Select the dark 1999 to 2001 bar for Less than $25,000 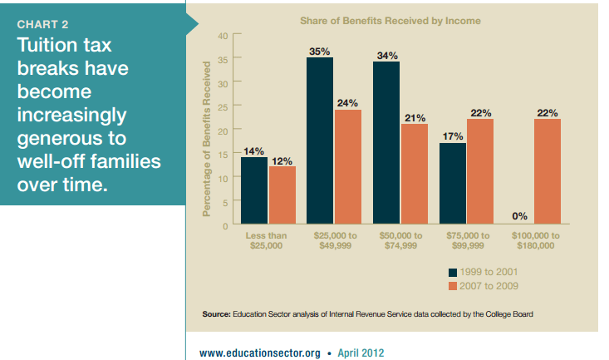coord(254,190)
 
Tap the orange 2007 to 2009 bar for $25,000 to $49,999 coord(348,166)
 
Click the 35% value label coord(320,52)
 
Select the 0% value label coord(520,215)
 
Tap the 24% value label coord(348,103)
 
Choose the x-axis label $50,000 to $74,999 coord(400,241)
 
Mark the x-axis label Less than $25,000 coord(268,241)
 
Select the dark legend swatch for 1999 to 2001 coord(453,272)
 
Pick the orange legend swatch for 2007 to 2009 coord(453,286)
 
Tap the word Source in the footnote coord(216,313)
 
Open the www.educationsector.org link coord(260,353)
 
